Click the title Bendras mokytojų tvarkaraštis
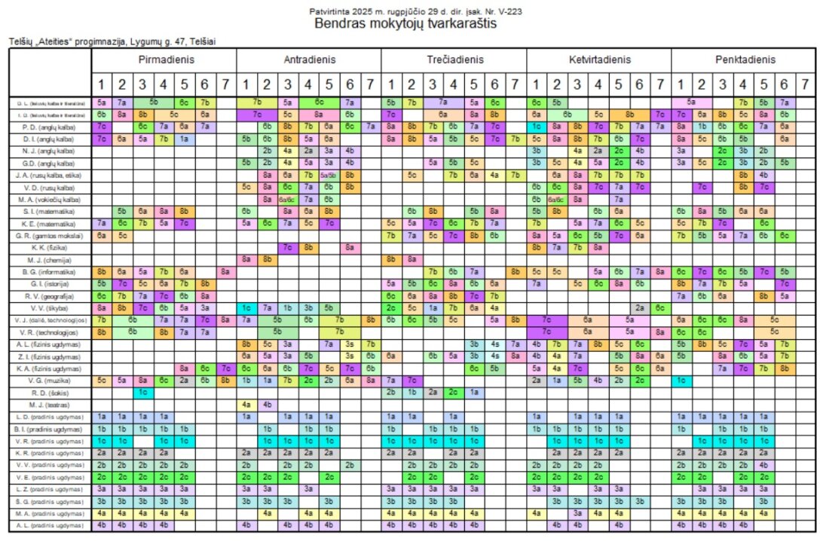(x=415, y=23)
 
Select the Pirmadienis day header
(x=164, y=60)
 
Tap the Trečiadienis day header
(x=454, y=60)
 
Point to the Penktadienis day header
(x=745, y=60)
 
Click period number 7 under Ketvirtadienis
(x=660, y=84)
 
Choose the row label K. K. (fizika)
(x=50, y=247)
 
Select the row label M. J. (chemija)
(x=50, y=258)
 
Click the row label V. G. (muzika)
(x=50, y=381)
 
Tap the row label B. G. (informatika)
(x=50, y=271)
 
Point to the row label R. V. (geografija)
(x=50, y=295)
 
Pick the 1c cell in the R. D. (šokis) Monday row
(x=142, y=393)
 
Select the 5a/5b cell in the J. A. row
(x=329, y=175)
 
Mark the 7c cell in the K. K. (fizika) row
(x=287, y=247)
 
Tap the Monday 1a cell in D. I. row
(x=184, y=139)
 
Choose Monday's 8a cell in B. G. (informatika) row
(x=225, y=271)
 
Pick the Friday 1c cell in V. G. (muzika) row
(x=681, y=381)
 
